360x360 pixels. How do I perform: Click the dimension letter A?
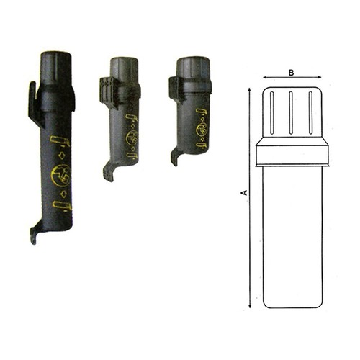[x=245, y=192]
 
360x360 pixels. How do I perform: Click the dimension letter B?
[x=291, y=73]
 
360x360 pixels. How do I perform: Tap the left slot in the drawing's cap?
[x=271, y=113]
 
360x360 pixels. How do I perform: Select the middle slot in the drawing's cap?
[x=291, y=113]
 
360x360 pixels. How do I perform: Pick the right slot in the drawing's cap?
[x=310, y=113]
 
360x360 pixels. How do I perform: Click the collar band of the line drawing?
[x=292, y=156]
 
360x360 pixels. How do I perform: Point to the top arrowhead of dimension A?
[x=250, y=89]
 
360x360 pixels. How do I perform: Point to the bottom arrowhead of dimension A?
[x=250, y=306]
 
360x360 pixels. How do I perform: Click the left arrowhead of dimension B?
[x=265, y=77]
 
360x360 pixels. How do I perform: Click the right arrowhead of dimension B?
[x=319, y=77]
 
